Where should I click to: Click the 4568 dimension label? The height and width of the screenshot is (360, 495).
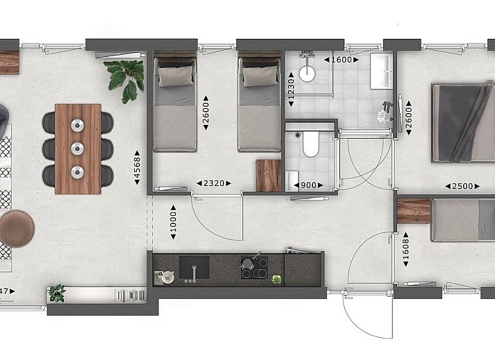tap(137, 168)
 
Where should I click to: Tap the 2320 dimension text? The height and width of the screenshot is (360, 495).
tap(214, 183)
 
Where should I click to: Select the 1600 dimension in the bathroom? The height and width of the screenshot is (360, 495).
tap(342, 60)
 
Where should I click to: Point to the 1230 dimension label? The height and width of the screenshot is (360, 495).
tap(291, 89)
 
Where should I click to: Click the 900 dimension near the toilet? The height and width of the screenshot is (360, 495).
tap(308, 185)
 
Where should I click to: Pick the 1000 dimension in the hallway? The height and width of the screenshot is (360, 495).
tap(174, 222)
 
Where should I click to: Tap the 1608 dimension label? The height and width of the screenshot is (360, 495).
tap(406, 249)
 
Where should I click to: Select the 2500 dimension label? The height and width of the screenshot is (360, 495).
tap(462, 187)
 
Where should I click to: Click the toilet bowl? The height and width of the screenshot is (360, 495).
tap(311, 144)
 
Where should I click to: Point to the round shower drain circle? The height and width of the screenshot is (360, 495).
tap(307, 74)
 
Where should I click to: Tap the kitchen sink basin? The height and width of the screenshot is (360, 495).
tap(194, 267)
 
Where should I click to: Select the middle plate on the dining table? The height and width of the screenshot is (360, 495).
tap(77, 148)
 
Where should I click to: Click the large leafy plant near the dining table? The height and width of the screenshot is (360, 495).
tap(125, 80)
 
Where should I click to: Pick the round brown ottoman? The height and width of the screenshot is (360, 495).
tap(16, 228)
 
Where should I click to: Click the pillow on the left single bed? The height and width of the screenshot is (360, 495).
tap(176, 76)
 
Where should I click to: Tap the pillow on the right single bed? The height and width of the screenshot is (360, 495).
tap(260, 76)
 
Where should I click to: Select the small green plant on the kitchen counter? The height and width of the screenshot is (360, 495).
tap(276, 280)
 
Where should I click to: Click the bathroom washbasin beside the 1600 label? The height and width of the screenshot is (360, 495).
tap(381, 71)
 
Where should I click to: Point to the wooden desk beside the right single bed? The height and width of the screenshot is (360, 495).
tap(269, 175)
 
